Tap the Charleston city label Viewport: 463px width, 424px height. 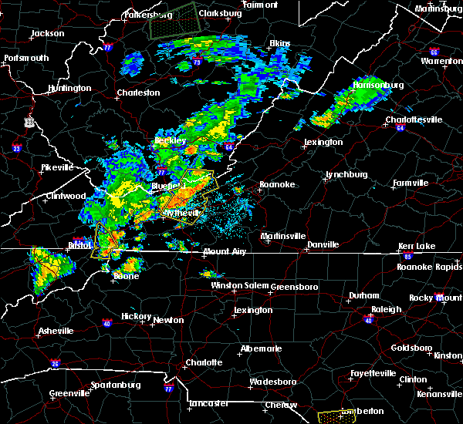click(138, 93)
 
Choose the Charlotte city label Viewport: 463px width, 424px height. click(203, 362)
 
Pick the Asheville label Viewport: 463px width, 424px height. click(56, 331)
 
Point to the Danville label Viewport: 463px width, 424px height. click(323, 244)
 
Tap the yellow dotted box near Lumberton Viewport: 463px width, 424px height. click(333, 417)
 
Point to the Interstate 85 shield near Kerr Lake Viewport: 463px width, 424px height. click(408, 254)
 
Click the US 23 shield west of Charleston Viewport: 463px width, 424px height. click(29, 122)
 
